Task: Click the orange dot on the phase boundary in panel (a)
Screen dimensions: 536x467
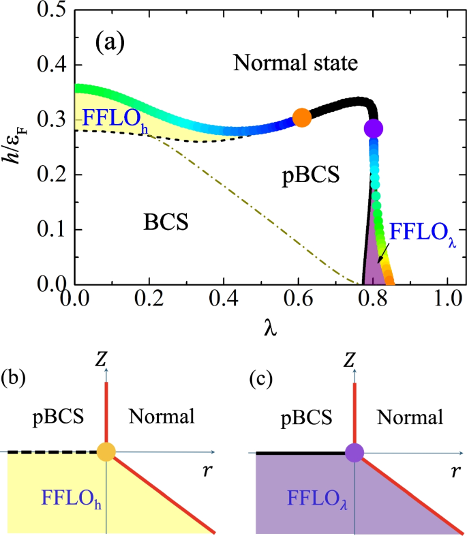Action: [x=301, y=118]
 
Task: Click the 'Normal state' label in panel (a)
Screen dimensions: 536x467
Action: [x=295, y=64]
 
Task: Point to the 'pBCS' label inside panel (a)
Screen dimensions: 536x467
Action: [x=311, y=176]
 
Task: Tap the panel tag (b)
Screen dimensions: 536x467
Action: [x=14, y=377]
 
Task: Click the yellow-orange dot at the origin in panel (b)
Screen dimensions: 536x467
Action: [x=106, y=452]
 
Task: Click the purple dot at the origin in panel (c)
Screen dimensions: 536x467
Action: [x=355, y=452]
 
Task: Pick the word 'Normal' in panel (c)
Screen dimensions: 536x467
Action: [x=410, y=416]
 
